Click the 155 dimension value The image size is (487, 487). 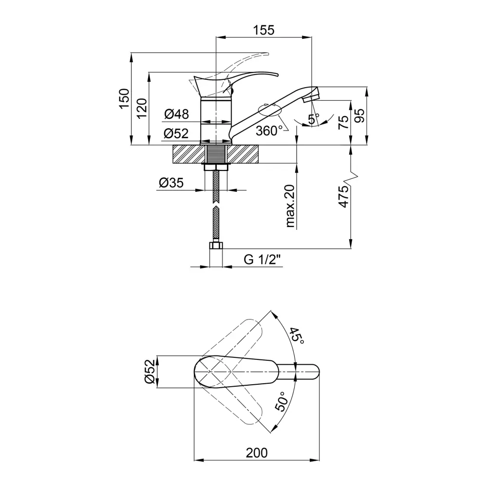coord(263,30)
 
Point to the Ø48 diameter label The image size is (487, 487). coord(176,114)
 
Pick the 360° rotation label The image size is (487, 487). coord(269,131)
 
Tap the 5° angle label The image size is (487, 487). coord(313,118)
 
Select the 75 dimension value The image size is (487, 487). coord(343,122)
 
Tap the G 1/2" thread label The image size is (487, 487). coord(263,260)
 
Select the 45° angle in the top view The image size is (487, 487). coord(297,336)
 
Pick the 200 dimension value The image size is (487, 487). coord(257,452)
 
